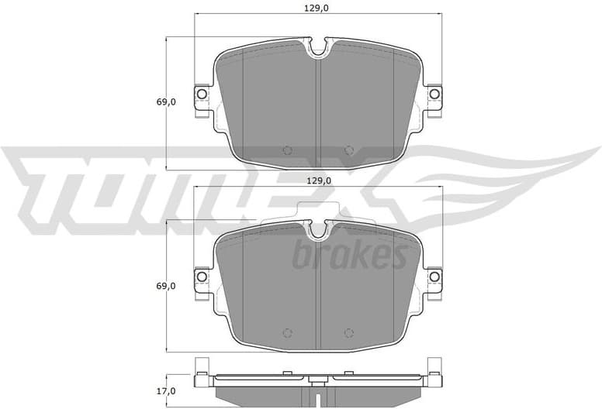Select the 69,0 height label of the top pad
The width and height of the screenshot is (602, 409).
click(x=165, y=101)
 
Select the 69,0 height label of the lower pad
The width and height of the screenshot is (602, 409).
click(x=165, y=286)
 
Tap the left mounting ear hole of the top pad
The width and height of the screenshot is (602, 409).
click(x=201, y=95)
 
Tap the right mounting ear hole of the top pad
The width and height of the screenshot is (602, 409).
click(x=434, y=95)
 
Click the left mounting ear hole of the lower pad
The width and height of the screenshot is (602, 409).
click(x=201, y=277)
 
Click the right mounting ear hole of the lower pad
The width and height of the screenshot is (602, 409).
click(x=434, y=277)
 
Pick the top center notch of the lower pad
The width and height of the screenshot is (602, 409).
click(x=318, y=230)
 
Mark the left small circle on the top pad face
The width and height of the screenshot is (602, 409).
click(x=287, y=150)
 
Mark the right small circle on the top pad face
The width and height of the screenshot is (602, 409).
click(x=348, y=150)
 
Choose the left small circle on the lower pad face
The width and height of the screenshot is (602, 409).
click(x=287, y=333)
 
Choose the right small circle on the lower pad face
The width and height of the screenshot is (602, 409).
click(x=348, y=333)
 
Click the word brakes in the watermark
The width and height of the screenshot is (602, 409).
click(x=349, y=254)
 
